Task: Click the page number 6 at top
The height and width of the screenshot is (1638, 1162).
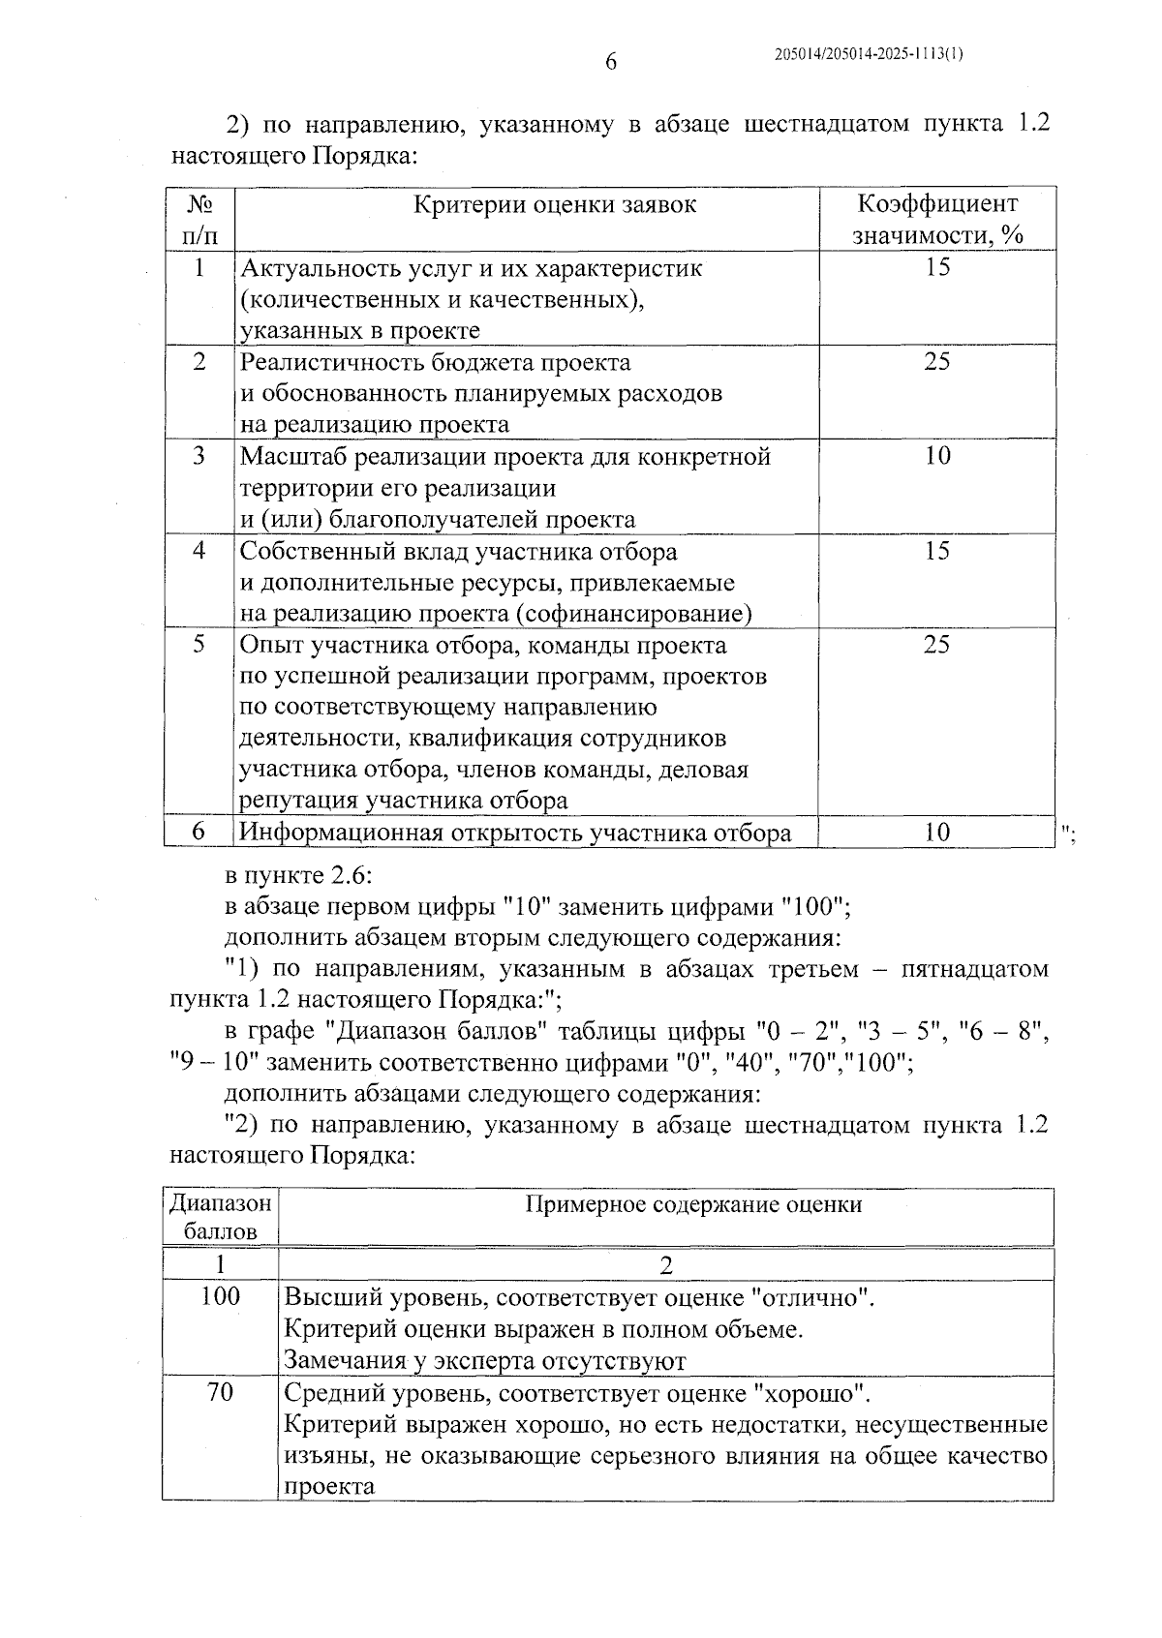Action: click(610, 62)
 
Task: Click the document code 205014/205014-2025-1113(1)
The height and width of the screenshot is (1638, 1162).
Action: click(869, 54)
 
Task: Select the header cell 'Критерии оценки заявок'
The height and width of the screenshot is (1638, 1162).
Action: click(555, 204)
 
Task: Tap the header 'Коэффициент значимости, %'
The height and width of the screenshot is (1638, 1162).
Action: click(937, 219)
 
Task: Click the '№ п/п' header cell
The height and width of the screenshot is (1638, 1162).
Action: click(199, 219)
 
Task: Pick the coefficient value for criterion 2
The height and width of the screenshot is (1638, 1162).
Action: click(937, 362)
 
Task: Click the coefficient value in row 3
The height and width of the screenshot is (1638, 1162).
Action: click(937, 456)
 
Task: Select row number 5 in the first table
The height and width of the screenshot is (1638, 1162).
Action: click(199, 645)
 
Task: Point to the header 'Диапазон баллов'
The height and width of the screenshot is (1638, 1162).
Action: click(221, 1217)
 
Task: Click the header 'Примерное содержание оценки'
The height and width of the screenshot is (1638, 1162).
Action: click(693, 1204)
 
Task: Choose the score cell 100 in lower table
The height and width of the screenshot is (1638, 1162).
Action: click(221, 1296)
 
